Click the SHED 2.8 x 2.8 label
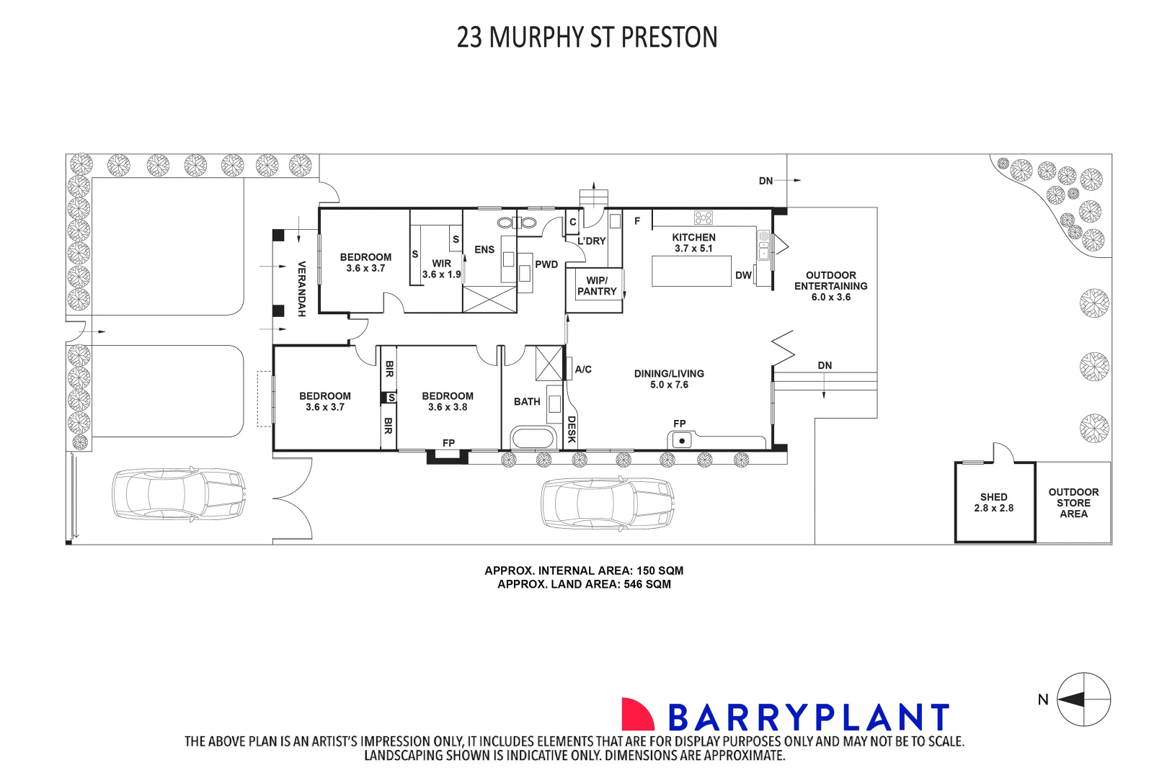[x=993, y=502]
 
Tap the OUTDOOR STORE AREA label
[x=1073, y=503]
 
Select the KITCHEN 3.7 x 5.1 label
[x=693, y=243]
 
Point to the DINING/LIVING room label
[x=669, y=379]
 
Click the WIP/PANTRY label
[x=597, y=286]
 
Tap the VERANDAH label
[x=302, y=288]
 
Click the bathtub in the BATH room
[x=533, y=438]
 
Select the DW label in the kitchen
[x=743, y=275]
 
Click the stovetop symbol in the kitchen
[x=704, y=218]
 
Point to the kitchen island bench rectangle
[x=691, y=272]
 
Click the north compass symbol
[x=1083, y=699]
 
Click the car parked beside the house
[x=608, y=503]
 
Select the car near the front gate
[x=179, y=494]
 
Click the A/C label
[x=583, y=370]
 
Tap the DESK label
[x=571, y=429]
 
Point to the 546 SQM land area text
[x=647, y=584]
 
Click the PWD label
[x=546, y=264]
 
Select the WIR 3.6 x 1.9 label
[x=441, y=269]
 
